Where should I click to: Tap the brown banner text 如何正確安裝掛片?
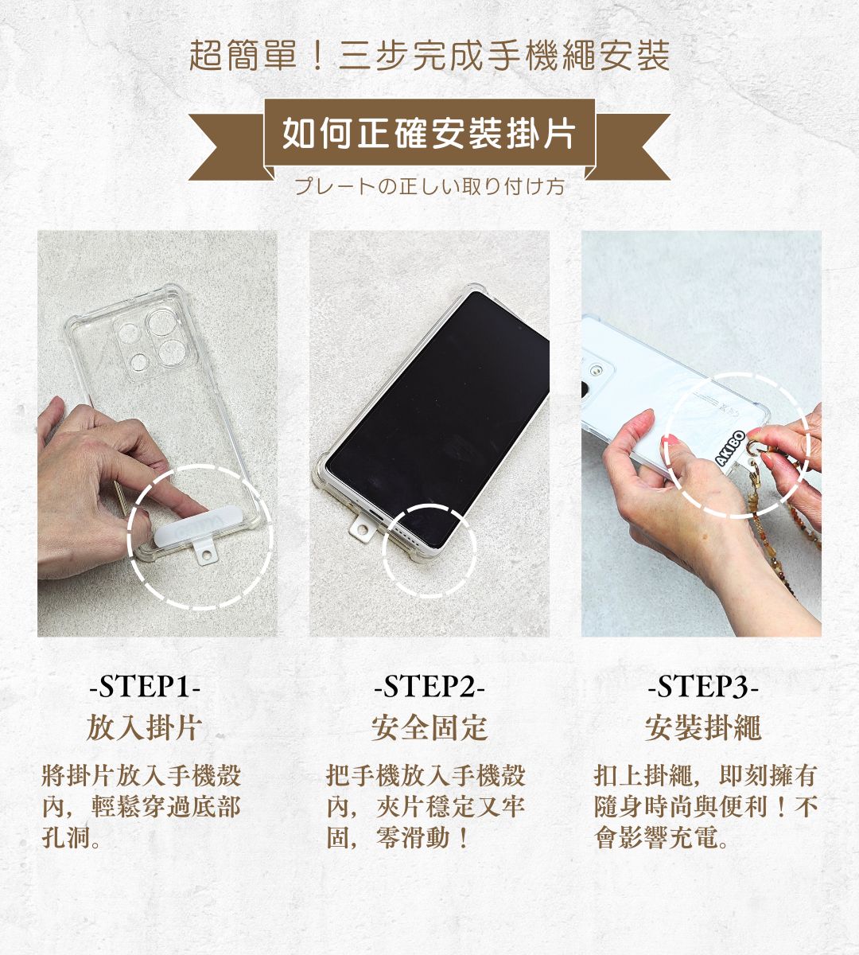429,133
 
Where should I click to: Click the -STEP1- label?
145,686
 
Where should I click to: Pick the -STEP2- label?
429,686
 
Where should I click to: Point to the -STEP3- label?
703,686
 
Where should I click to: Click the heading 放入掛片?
145,727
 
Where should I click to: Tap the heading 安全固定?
429,727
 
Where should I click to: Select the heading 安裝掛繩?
703,727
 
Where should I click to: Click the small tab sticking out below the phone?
362,532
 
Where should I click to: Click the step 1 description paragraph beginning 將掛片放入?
142,806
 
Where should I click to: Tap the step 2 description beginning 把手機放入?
426,806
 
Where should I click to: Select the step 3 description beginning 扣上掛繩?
705,806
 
